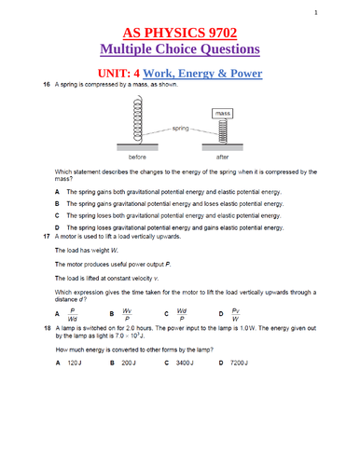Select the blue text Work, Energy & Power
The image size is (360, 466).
pyautogui.click(x=214, y=73)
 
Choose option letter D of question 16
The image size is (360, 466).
pyautogui.click(x=58, y=227)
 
